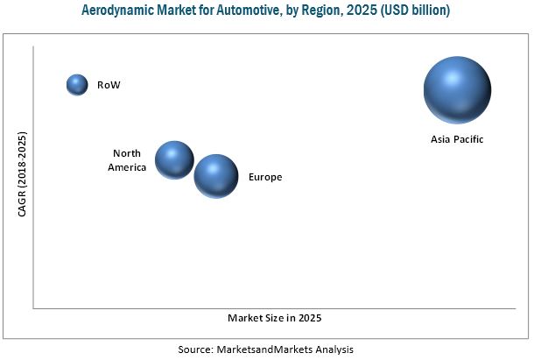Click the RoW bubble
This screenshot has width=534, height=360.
pyautogui.click(x=78, y=84)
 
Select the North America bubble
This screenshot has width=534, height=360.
pyautogui.click(x=174, y=159)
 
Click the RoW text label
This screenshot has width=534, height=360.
pyautogui.click(x=109, y=85)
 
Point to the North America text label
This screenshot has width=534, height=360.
pyautogui.click(x=127, y=159)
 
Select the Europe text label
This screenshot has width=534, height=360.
pyautogui.click(x=265, y=177)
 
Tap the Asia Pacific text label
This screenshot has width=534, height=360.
pyautogui.click(x=457, y=139)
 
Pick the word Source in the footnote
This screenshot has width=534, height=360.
pyautogui.click(x=195, y=349)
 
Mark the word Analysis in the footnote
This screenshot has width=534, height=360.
pyautogui.click(x=334, y=349)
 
